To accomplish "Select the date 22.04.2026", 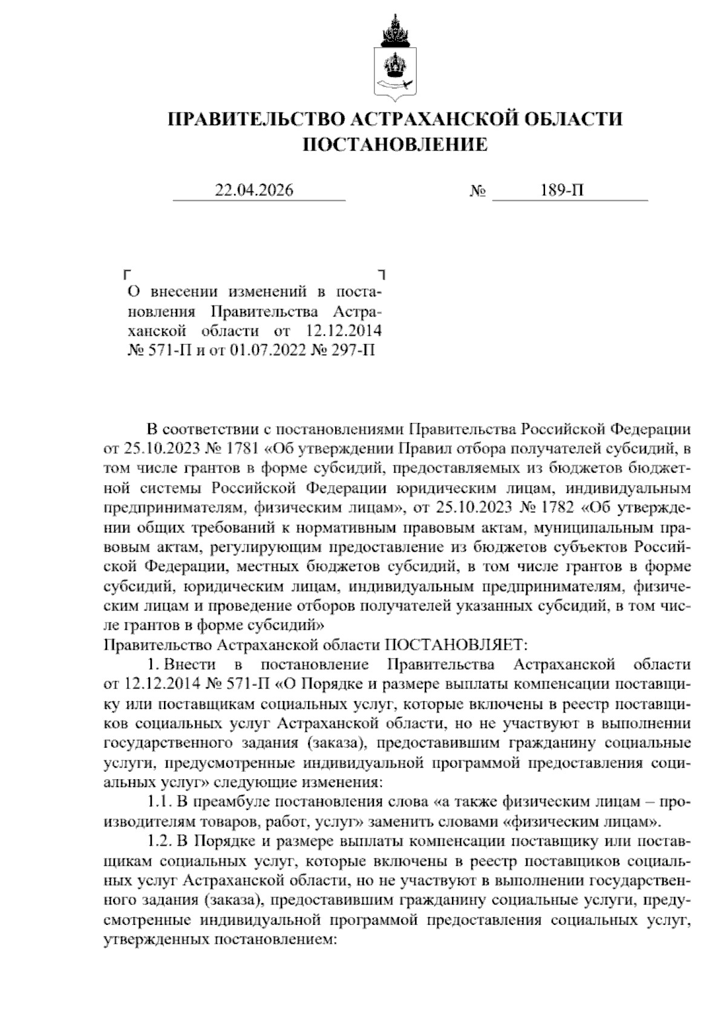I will point(255,191).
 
